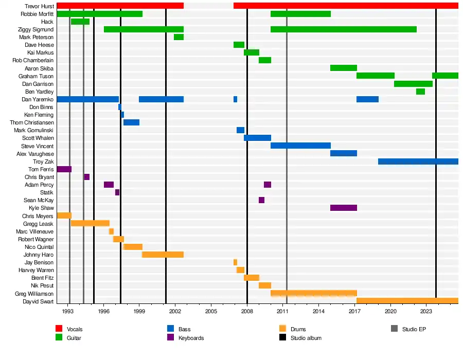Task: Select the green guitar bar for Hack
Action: tap(80, 22)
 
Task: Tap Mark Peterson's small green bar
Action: tap(179, 37)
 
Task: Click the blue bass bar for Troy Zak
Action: tap(418, 161)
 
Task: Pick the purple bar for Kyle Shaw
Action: tap(343, 208)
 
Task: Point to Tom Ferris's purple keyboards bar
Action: tap(64, 169)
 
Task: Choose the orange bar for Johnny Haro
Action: tap(163, 255)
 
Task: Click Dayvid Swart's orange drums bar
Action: tap(407, 301)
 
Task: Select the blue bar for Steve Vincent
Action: tap(300, 146)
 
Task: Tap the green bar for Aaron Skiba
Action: tap(343, 68)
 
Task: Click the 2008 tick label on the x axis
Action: tap(247, 312)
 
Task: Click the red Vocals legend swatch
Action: tap(59, 329)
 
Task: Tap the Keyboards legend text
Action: tap(191, 338)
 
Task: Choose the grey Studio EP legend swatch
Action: tap(394, 329)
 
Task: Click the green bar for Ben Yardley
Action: tap(420, 92)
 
